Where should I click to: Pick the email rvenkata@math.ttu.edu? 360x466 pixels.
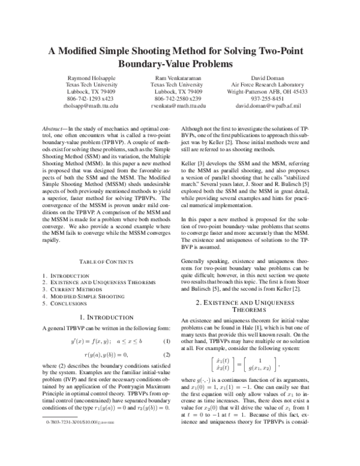coord(178,105)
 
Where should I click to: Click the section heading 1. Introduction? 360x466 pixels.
coord(106,316)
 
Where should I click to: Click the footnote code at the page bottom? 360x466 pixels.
coord(75,459)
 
